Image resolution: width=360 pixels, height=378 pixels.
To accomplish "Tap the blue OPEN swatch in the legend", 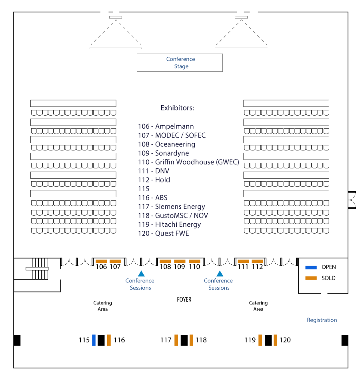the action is tap(311, 267).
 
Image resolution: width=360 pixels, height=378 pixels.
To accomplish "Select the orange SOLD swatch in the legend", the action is tap(311, 278).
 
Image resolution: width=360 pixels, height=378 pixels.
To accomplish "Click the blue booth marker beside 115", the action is tap(94, 340).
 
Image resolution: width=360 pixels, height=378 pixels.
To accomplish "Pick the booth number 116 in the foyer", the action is tap(119, 340).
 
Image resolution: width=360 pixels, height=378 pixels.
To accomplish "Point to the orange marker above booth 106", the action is tap(101, 261).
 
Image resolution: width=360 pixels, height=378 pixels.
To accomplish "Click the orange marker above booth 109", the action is tap(180, 261).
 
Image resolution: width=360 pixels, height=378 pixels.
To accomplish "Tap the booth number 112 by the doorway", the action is tap(257, 267).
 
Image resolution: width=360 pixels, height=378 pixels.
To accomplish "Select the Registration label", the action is tap(322, 320).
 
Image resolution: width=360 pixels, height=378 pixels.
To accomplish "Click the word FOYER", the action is tap(184, 300).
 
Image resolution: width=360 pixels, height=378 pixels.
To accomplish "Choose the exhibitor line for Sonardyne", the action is tap(164, 153).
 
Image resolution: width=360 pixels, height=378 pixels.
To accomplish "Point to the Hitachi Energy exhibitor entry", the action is tap(169, 224).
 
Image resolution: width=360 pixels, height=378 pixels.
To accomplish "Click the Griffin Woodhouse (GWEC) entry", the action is tap(188, 162).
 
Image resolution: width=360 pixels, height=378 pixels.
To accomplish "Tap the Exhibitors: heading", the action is tap(178, 108).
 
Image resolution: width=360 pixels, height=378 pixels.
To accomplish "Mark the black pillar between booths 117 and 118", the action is tap(184, 340).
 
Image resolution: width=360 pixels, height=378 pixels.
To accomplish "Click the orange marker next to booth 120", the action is tap(275, 340).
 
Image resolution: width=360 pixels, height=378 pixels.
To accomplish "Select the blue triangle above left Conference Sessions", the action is tap(141, 273).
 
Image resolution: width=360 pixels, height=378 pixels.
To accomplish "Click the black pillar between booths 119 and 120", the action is tap(268, 340).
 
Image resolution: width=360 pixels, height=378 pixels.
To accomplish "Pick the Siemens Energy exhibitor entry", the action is tap(172, 206).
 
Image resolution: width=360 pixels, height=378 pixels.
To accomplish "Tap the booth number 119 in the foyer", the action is tap(250, 340).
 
